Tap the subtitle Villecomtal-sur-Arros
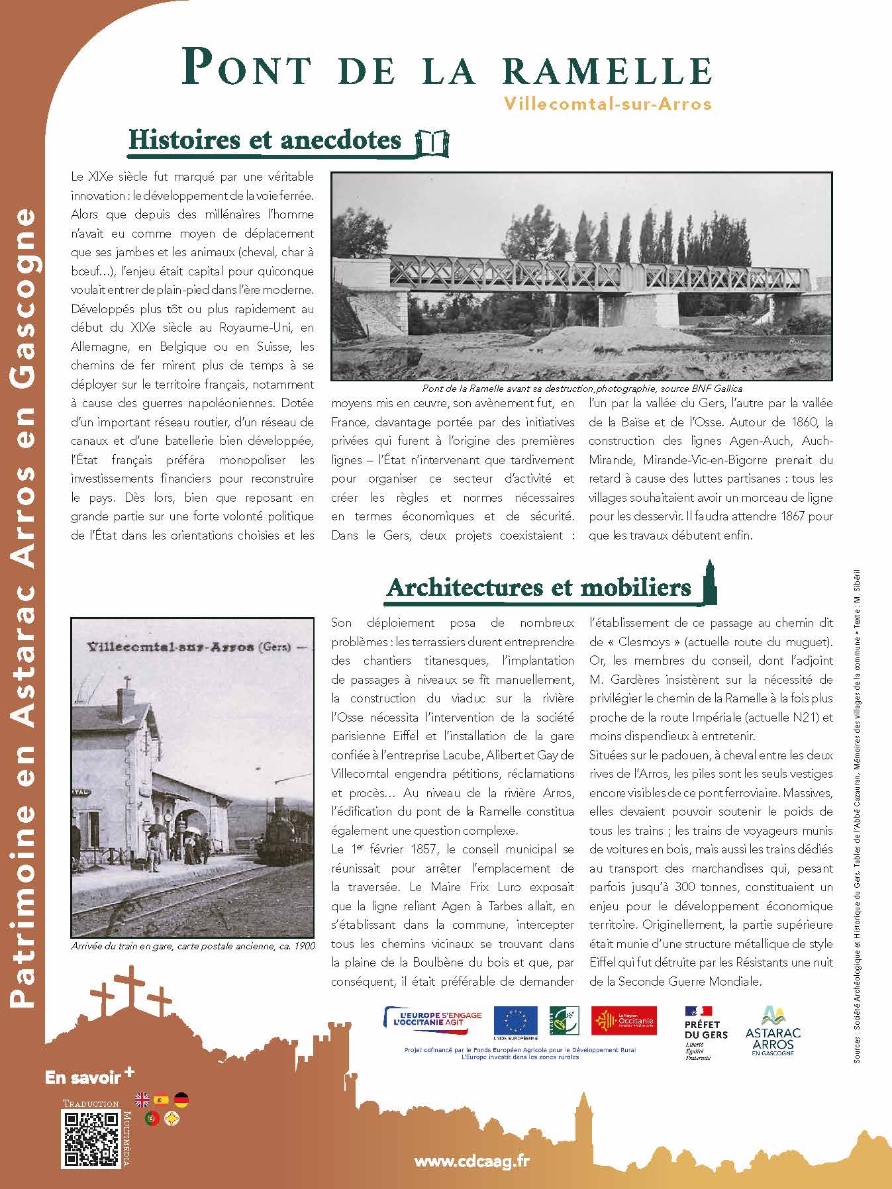click(x=607, y=104)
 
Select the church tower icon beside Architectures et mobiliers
click(x=708, y=582)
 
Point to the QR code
click(x=91, y=1139)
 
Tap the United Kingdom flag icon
click(x=142, y=1100)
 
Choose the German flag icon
click(x=181, y=1100)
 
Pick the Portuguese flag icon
click(x=152, y=1119)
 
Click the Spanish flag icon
click(x=161, y=1100)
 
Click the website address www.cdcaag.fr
click(x=472, y=1161)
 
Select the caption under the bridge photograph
click(x=581, y=389)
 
